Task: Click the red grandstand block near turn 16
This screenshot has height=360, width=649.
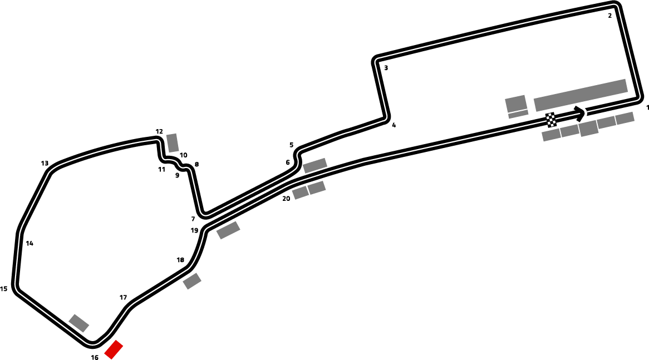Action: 114,349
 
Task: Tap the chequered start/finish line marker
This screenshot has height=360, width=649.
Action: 551,120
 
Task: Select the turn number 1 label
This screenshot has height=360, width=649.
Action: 647,107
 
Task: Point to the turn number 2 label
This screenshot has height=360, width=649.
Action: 609,16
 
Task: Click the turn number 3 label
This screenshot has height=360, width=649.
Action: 386,68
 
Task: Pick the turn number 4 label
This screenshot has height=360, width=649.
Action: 394,125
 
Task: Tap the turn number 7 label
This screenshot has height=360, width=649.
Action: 193,219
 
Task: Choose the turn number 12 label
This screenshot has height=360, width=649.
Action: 159,131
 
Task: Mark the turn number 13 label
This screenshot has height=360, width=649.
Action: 45,163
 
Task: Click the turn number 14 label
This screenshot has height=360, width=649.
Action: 29,243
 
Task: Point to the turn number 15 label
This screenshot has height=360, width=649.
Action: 4,289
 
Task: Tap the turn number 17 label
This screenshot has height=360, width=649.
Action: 123,298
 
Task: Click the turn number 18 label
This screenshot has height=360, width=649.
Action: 180,260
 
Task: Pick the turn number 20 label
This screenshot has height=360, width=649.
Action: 286,199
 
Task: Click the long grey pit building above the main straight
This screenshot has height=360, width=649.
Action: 581,95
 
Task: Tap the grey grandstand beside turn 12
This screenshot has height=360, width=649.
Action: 173,143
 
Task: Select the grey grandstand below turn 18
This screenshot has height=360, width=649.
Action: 192,282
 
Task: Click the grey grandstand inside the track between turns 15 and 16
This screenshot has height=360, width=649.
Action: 79,323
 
